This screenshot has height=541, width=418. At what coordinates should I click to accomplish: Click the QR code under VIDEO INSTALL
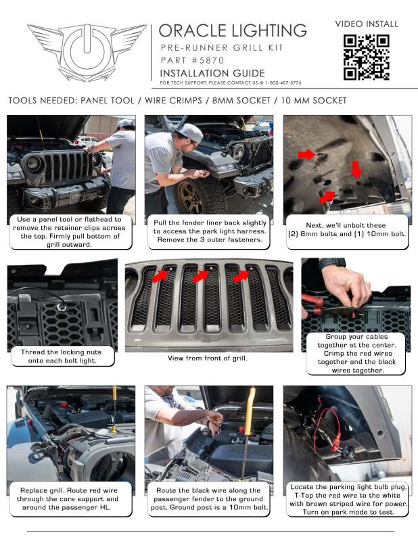tap(366, 57)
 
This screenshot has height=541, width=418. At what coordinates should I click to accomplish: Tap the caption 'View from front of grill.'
tap(208, 358)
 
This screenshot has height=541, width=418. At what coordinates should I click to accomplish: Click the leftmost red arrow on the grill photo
tap(160, 275)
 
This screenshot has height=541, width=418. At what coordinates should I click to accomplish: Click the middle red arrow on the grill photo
tap(201, 276)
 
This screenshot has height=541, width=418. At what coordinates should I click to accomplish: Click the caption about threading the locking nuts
tap(62, 356)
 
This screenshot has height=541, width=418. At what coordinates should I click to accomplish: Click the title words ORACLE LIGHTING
tap(233, 30)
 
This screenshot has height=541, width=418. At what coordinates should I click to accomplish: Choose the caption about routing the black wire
tap(208, 499)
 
